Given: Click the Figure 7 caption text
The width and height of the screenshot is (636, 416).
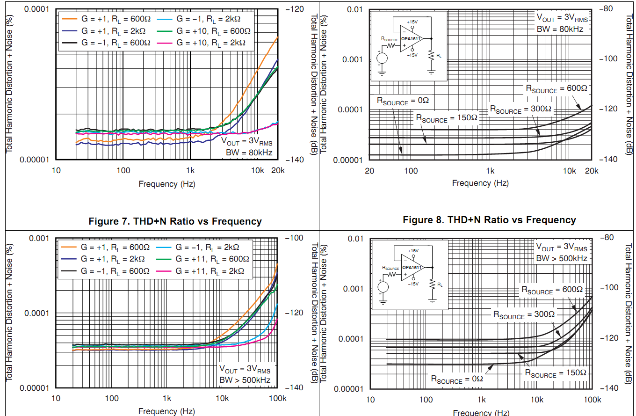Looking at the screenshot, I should (175, 221).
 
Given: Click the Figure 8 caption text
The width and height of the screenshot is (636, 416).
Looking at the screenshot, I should (489, 220).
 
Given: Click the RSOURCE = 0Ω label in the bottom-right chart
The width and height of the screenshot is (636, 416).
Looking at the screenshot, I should (456, 380).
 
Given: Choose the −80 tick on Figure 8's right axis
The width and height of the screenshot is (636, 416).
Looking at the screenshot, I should (608, 9).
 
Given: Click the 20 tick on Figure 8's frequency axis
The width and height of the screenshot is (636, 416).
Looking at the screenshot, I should (369, 171).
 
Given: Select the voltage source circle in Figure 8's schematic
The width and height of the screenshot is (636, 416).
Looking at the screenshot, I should (382, 58).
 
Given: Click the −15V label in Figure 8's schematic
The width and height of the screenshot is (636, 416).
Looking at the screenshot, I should (412, 55).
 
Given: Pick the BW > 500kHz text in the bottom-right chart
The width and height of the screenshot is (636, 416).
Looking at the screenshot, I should (561, 258).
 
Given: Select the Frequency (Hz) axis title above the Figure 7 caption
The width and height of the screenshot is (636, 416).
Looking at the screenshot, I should (167, 184).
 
